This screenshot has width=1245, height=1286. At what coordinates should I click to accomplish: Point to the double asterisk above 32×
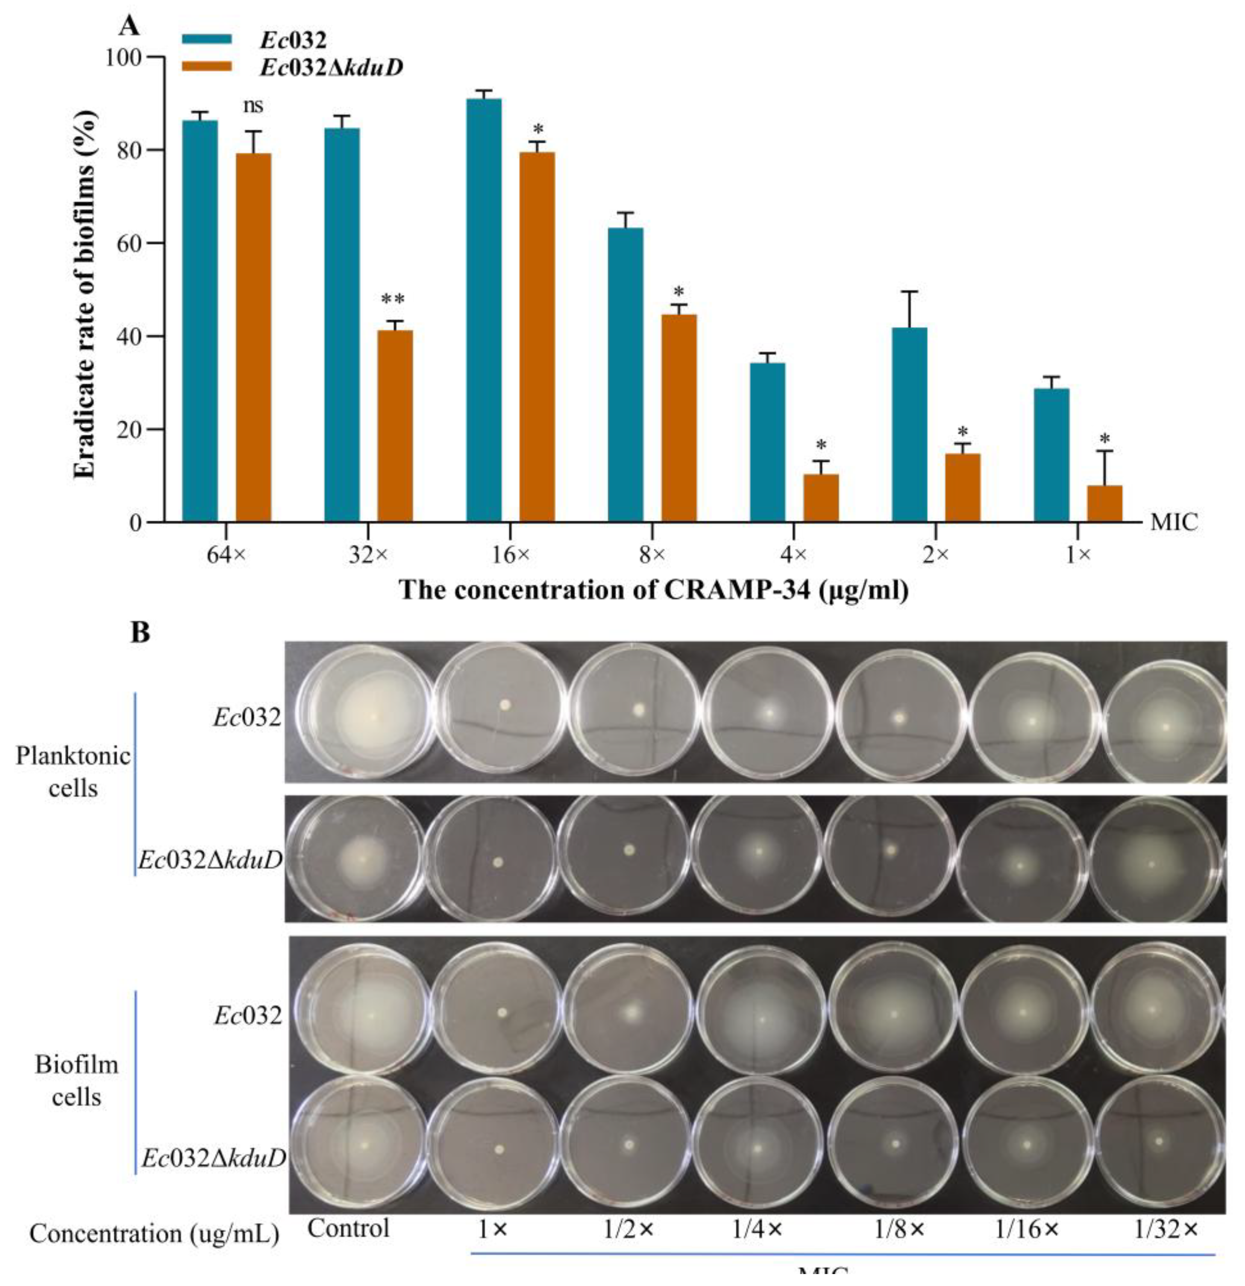click(393, 300)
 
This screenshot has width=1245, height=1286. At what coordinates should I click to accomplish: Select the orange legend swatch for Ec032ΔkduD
click(207, 66)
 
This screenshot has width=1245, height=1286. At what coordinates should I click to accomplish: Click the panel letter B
click(141, 633)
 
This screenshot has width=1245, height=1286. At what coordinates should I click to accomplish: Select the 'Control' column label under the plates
click(349, 1227)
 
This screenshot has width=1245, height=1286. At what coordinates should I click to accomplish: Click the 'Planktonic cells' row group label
click(73, 772)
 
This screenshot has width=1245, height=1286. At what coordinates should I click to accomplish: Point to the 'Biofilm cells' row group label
click(76, 1080)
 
